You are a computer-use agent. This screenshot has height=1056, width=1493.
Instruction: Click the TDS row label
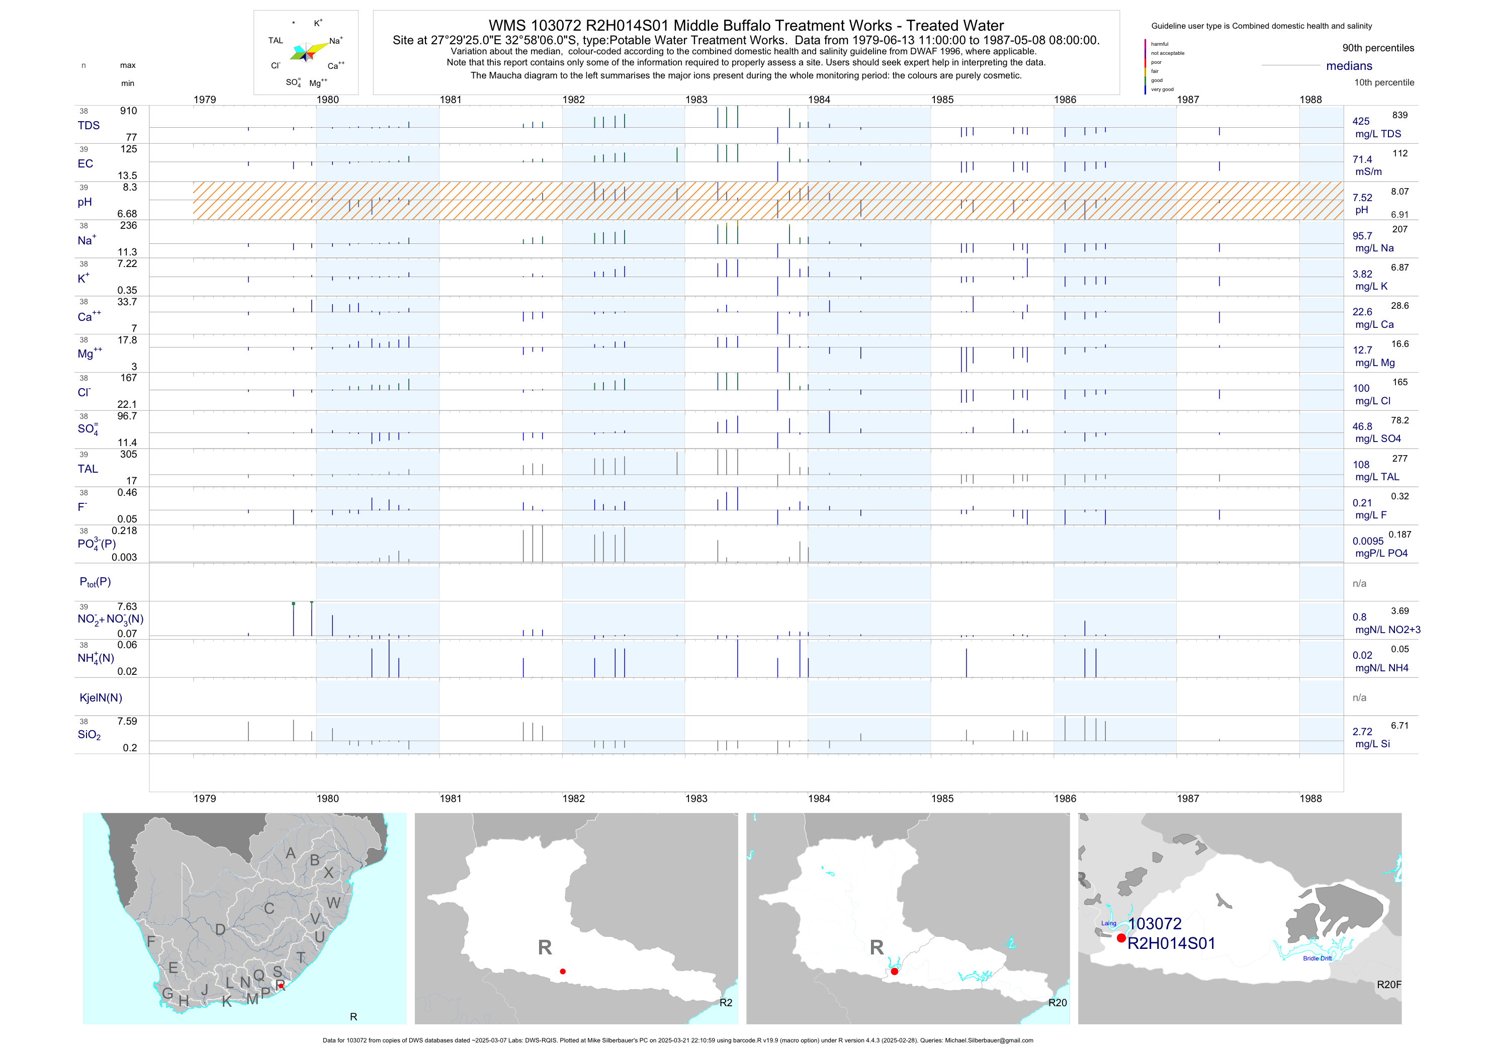click(89, 126)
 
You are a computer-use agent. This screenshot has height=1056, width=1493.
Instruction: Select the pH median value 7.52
click(1362, 198)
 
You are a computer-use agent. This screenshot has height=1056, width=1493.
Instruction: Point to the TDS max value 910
click(128, 111)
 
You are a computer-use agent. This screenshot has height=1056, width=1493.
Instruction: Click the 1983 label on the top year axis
click(696, 100)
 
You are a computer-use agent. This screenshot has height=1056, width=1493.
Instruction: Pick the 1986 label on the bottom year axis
click(1065, 799)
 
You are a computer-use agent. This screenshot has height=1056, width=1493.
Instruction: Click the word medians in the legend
click(1349, 66)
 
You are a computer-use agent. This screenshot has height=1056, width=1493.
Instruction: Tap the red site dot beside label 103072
click(1121, 938)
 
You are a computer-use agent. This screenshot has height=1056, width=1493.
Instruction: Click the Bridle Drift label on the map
click(1317, 958)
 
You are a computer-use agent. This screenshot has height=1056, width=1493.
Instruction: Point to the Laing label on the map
click(1109, 923)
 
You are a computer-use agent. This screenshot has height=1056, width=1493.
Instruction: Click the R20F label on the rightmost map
click(1388, 985)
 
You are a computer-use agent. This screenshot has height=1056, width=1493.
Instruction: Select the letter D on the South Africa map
click(220, 930)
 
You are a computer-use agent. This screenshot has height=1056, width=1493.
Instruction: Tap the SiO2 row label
click(89, 735)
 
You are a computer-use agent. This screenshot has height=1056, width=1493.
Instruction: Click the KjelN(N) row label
click(101, 698)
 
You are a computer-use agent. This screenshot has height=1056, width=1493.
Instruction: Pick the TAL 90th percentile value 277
click(1399, 459)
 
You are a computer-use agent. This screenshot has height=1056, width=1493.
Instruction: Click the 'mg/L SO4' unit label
click(1378, 439)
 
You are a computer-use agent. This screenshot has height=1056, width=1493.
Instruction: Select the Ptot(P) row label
click(95, 582)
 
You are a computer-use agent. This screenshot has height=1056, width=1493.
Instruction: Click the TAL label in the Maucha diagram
click(276, 40)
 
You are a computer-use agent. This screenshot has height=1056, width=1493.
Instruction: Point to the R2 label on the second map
click(726, 1003)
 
